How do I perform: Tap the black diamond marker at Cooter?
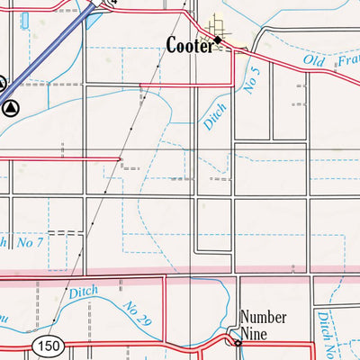click(x=217, y=40)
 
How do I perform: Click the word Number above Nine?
click(x=264, y=318)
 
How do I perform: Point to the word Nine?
click(x=256, y=332)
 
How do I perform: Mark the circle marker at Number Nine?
click(x=238, y=342)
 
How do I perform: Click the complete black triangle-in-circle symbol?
click(x=11, y=108)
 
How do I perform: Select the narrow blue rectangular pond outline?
click(x=24, y=19)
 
